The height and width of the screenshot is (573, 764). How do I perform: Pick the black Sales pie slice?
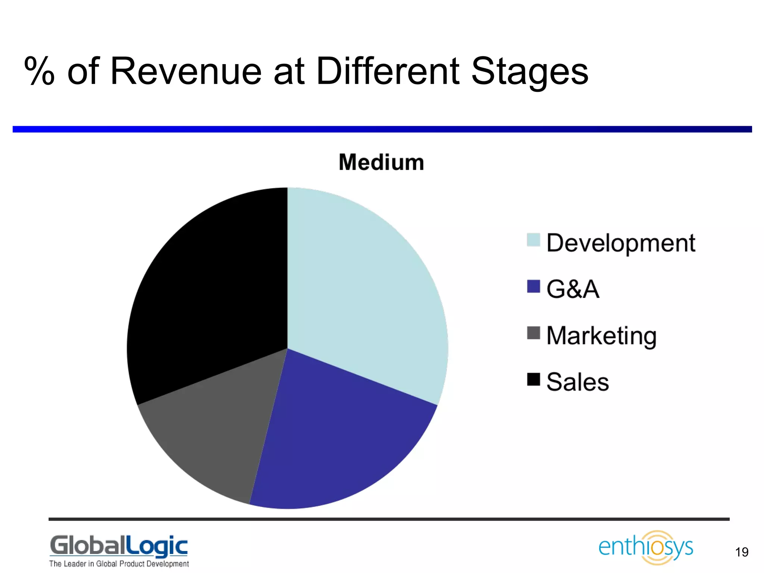click(x=209, y=291)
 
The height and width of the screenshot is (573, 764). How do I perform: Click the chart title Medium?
click(x=381, y=163)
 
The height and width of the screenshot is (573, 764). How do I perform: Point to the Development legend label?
click(x=621, y=243)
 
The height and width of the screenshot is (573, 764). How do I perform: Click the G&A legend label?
click(x=573, y=289)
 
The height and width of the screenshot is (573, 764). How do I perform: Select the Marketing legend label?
click(x=601, y=336)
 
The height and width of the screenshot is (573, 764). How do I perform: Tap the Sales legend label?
click(x=577, y=382)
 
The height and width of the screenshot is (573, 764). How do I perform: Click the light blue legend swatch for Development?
click(x=533, y=240)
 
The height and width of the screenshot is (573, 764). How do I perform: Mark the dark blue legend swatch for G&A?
click(x=533, y=286)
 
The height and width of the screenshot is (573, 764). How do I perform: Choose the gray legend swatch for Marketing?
click(x=533, y=333)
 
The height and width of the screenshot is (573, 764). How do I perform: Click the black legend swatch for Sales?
click(x=533, y=379)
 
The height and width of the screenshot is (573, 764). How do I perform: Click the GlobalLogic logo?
click(x=119, y=550)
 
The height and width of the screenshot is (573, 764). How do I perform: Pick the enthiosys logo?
click(x=646, y=547)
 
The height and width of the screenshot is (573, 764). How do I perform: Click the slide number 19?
click(x=742, y=552)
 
